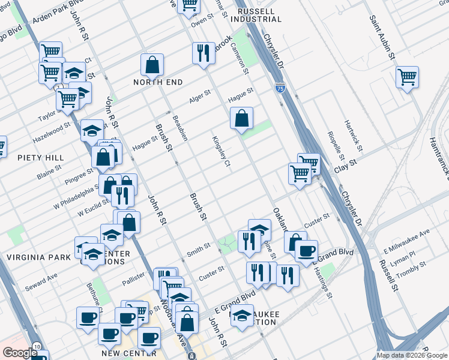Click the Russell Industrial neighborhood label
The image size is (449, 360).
pyautogui.click(x=256, y=15)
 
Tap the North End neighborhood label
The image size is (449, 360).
pyautogui.click(x=158, y=82)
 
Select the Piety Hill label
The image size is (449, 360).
pyautogui.click(x=41, y=158)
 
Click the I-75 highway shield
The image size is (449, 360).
pyautogui.click(x=280, y=88)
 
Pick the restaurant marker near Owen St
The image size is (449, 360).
pyautogui.click(x=203, y=53)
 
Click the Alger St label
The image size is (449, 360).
pyautogui.click(x=200, y=96)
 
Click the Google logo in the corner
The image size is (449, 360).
pyautogui.click(x=20, y=352)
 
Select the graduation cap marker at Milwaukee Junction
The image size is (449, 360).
pyautogui.click(x=242, y=316)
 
